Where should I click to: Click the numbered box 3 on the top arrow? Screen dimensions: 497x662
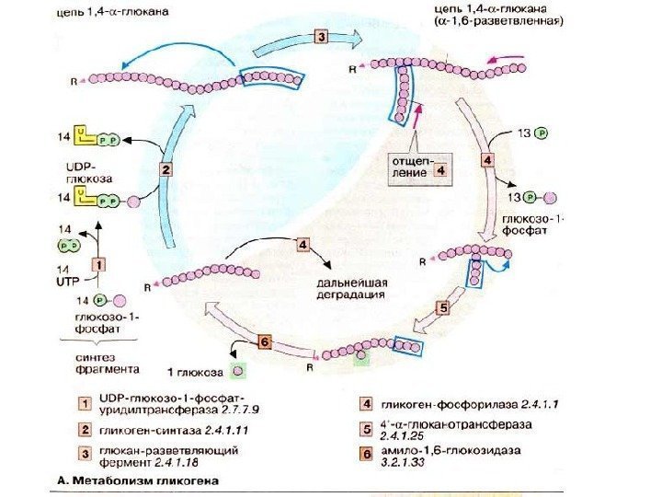320,37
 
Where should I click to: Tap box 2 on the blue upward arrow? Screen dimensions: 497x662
165,168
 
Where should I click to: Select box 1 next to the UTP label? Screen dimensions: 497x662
100,263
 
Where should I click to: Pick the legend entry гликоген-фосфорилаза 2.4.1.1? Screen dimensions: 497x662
464,404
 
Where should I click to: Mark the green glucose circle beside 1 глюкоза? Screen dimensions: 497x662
238,371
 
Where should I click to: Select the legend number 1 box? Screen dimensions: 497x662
85,402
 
